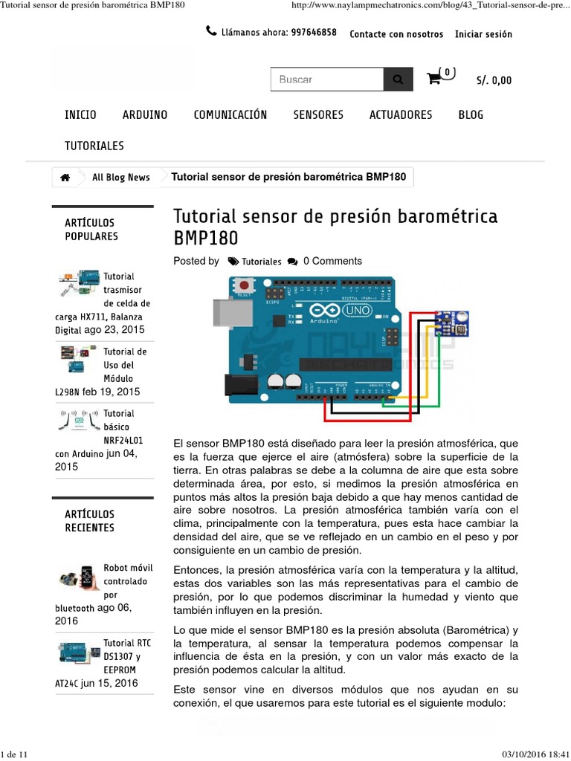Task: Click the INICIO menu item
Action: [x=80, y=114]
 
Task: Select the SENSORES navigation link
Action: [x=318, y=114]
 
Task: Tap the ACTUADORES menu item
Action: [x=401, y=114]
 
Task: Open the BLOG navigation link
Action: [x=471, y=114]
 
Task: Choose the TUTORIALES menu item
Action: [x=94, y=146]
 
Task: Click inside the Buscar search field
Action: [x=327, y=80]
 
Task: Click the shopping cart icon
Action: [x=434, y=79]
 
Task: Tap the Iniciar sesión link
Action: [x=483, y=34]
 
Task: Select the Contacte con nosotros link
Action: [x=396, y=34]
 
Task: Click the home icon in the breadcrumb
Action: [x=65, y=178]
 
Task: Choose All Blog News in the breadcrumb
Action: [x=120, y=178]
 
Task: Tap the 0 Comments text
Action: [x=332, y=261]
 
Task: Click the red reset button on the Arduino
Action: [x=244, y=285]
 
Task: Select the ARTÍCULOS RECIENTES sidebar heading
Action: [x=90, y=521]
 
